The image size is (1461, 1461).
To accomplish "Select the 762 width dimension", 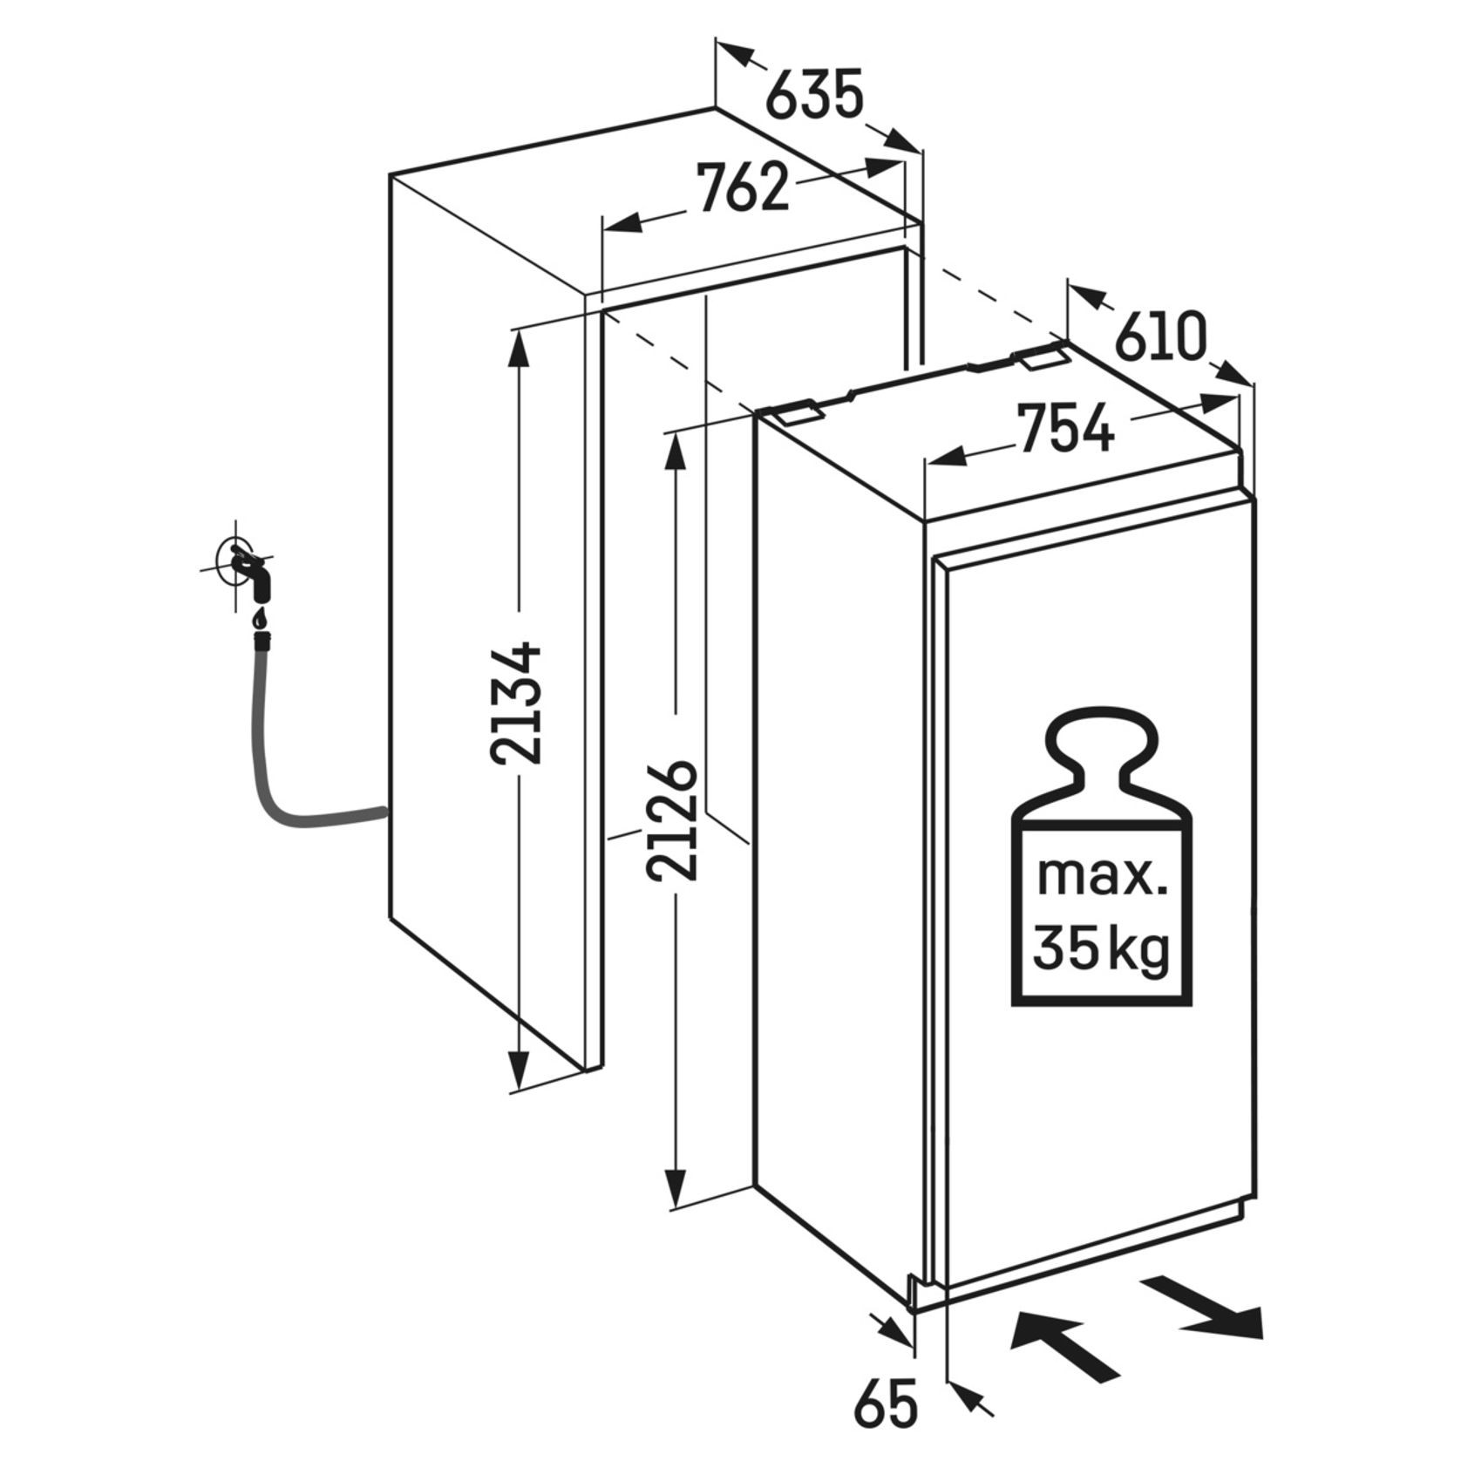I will (x=744, y=187).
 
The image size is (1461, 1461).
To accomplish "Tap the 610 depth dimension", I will (x=1159, y=337).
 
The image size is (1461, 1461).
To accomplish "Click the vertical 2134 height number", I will (x=516, y=703).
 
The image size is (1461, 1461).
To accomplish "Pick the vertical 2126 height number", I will (x=674, y=820).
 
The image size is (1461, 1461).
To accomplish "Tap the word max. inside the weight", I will (x=1101, y=877).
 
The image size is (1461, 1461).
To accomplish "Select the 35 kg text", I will (x=1101, y=950).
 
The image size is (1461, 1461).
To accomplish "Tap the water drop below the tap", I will (x=259, y=620).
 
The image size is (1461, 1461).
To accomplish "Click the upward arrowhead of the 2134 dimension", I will (x=518, y=349).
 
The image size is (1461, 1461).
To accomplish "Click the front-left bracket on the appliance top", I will (x=794, y=413).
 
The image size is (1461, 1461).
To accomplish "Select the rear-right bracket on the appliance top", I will (x=1038, y=358).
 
